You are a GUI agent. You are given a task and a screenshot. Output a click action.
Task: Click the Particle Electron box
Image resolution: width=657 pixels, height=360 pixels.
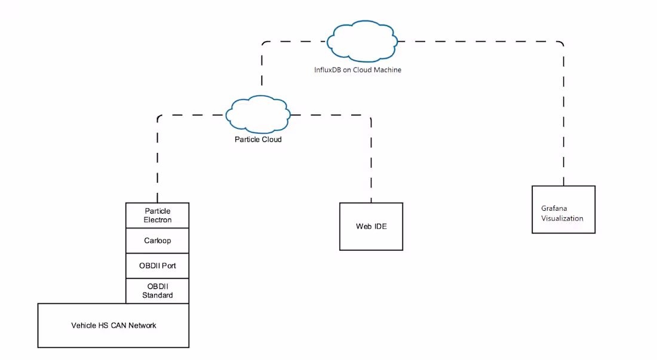click(x=158, y=216)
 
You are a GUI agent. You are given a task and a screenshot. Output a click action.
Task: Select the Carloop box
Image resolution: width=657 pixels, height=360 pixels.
click(x=158, y=241)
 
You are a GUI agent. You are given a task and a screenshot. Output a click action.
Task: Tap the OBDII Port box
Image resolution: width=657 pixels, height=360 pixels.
click(x=158, y=266)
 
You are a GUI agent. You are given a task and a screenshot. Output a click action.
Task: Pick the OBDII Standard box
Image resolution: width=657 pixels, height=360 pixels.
click(x=158, y=291)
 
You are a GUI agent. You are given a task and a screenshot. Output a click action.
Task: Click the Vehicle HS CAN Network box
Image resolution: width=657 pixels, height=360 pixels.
click(x=113, y=325)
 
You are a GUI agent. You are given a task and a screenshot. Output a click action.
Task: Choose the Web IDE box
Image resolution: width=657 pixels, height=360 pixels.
click(x=371, y=226)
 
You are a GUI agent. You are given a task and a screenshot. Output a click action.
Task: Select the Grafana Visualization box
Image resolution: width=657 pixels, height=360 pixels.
click(x=563, y=210)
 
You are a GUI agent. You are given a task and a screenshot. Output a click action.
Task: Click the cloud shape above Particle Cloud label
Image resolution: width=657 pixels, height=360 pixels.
click(x=258, y=113)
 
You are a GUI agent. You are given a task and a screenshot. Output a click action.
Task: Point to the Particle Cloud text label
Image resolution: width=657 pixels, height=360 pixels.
click(x=258, y=139)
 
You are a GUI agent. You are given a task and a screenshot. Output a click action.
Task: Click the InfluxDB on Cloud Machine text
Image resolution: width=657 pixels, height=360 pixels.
click(x=358, y=70)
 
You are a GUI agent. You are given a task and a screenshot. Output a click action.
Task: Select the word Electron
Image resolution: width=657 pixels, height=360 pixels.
click(x=158, y=220)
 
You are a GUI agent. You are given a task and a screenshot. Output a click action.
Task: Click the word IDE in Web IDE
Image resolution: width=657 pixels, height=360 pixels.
click(x=380, y=226)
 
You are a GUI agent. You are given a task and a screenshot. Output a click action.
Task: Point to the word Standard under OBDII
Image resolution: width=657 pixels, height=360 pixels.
click(x=158, y=296)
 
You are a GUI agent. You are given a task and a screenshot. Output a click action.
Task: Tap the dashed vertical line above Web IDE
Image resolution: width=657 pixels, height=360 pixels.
click(x=371, y=161)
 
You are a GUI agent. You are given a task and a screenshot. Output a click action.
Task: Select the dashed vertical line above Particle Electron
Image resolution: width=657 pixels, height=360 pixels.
click(x=158, y=161)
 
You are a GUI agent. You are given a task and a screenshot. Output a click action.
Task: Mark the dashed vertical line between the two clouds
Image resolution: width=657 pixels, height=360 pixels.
click(x=262, y=69)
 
